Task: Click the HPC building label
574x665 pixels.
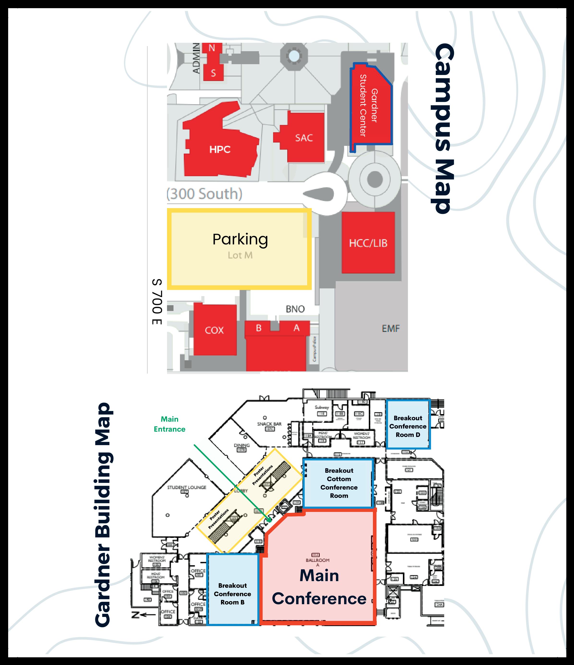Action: pyautogui.click(x=220, y=149)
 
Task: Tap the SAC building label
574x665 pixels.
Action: pyautogui.click(x=304, y=138)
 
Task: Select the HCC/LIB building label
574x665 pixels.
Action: pyautogui.click(x=368, y=243)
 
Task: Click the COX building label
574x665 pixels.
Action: pyautogui.click(x=214, y=330)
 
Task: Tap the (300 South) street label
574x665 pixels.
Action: pyautogui.click(x=204, y=194)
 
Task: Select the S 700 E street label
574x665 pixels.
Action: pyautogui.click(x=157, y=302)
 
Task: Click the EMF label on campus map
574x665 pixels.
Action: pyautogui.click(x=391, y=329)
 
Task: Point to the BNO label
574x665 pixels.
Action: pyautogui.click(x=295, y=309)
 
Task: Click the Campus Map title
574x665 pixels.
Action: pyautogui.click(x=443, y=128)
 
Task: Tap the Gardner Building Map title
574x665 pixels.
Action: pyautogui.click(x=103, y=515)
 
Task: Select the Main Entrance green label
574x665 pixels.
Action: pyautogui.click(x=170, y=424)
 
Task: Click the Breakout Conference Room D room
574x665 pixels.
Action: pyautogui.click(x=408, y=426)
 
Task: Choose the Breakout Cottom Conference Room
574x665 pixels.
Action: pyautogui.click(x=339, y=483)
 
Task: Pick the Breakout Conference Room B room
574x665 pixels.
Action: pyautogui.click(x=232, y=594)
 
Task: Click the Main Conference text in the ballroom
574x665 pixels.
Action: pyautogui.click(x=319, y=587)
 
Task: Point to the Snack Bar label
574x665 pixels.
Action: pyautogui.click(x=269, y=424)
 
